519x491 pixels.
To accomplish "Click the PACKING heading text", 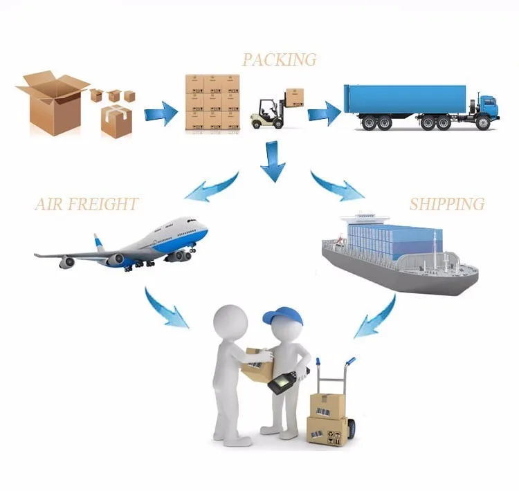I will click(x=279, y=59).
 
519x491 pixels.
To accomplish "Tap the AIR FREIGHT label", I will click(x=86, y=204).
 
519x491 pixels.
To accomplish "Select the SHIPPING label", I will click(x=446, y=204).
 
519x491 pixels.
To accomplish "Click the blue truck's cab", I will click(x=487, y=108).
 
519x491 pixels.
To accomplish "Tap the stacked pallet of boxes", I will click(x=212, y=102).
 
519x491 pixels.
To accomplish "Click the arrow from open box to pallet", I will click(x=161, y=111).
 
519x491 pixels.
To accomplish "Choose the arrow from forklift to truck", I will click(x=324, y=112).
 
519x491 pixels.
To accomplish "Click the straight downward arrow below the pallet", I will click(x=273, y=160).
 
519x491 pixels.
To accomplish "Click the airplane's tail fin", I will click(x=101, y=243).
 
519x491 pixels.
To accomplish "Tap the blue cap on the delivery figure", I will click(x=284, y=317).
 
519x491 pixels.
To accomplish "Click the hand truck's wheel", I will click(x=352, y=428).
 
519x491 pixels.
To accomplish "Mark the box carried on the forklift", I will click(x=295, y=97).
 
